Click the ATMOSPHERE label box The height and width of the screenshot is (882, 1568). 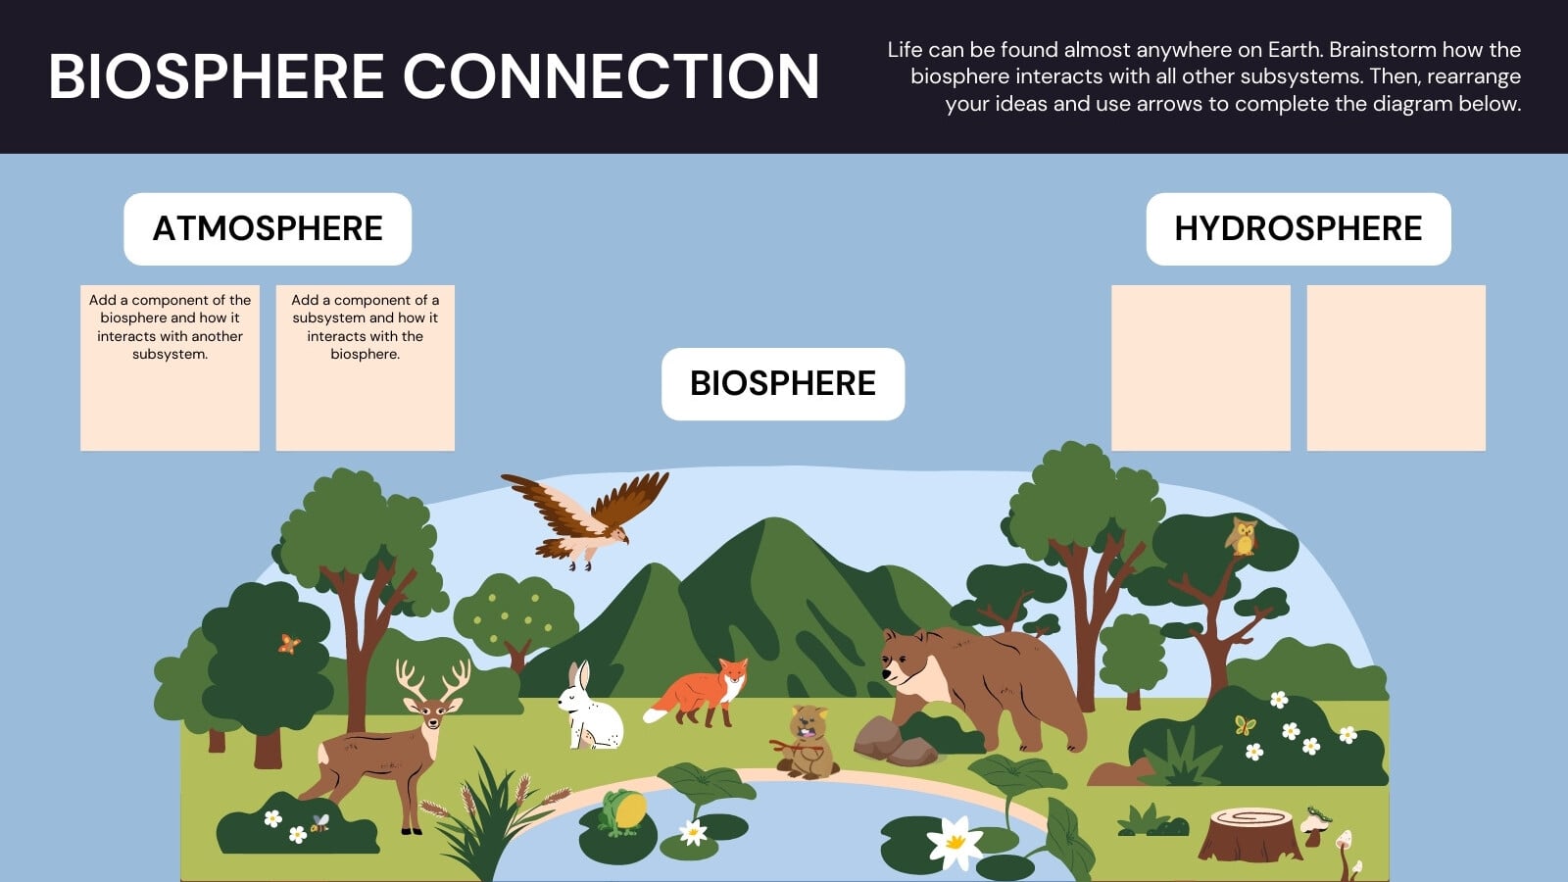[268, 229]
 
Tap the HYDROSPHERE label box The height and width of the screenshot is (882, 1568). [1298, 229]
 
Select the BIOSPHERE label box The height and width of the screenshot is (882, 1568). [783, 383]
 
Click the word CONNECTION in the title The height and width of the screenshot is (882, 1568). [611, 76]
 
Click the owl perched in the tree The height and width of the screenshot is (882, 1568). [1241, 537]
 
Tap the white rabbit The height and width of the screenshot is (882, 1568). [589, 707]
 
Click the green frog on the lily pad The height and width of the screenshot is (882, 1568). [622, 812]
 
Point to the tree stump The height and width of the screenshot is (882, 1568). [1249, 834]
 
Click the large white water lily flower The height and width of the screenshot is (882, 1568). [955, 843]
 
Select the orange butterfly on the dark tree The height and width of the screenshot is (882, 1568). [288, 644]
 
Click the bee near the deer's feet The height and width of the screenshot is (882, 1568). [319, 822]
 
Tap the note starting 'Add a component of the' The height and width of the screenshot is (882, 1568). [171, 367]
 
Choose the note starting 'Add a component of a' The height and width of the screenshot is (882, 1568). [366, 367]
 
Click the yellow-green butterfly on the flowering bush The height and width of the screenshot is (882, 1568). [1246, 725]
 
